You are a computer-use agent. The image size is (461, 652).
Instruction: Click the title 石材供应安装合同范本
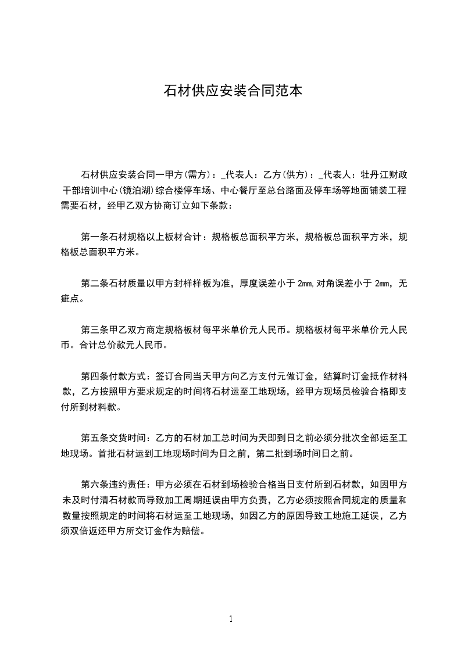tap(233, 91)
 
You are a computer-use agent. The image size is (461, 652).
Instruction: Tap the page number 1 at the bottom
tap(231, 619)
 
